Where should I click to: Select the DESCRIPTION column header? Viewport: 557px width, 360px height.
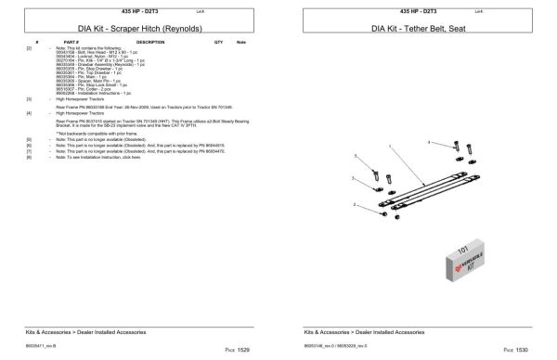pyautogui.click(x=150, y=43)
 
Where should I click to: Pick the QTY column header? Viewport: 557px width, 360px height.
pyautogui.click(x=218, y=43)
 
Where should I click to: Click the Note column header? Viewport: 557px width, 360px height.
pyautogui.click(x=241, y=43)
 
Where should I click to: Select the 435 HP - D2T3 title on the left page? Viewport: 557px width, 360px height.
pyautogui.click(x=130, y=9)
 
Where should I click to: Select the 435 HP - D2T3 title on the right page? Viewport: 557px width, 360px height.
pyautogui.click(x=409, y=9)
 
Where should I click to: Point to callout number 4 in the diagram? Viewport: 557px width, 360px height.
pyautogui.click(x=429, y=142)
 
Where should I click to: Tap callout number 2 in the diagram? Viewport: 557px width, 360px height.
pyautogui.click(x=355, y=204)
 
